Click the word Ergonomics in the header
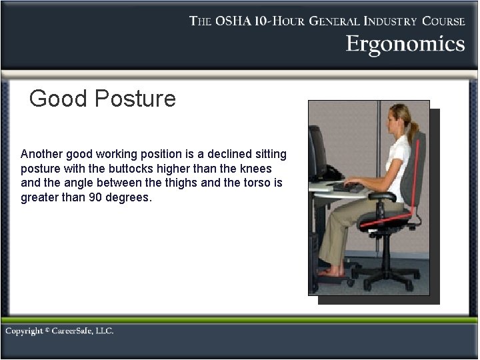(405, 44)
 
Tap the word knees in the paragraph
(256, 169)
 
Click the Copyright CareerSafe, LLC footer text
(60, 331)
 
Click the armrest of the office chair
(385, 195)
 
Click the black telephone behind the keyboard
(333, 175)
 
